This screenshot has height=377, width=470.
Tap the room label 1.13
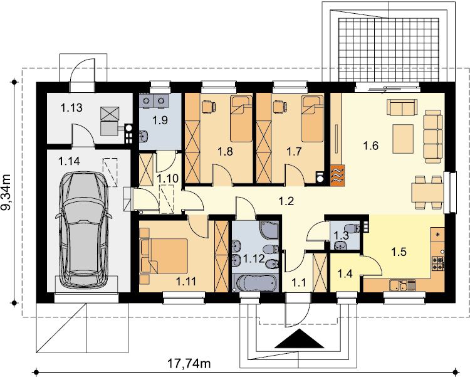point(71,107)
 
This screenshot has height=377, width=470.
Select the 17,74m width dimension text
point(189,364)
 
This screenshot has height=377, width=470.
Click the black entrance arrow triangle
point(299,339)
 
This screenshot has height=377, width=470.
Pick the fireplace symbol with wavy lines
point(338,174)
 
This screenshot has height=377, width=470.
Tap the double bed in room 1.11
point(164,256)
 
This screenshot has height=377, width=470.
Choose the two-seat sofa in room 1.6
point(402,107)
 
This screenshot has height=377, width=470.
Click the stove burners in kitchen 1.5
point(437,263)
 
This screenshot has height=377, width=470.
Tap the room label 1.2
point(286,201)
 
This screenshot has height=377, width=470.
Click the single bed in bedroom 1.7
point(312,119)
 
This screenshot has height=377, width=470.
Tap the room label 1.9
point(160,120)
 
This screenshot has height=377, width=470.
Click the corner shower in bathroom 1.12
point(269,230)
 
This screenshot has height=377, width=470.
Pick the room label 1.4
point(345,273)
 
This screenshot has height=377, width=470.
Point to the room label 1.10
point(168,179)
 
